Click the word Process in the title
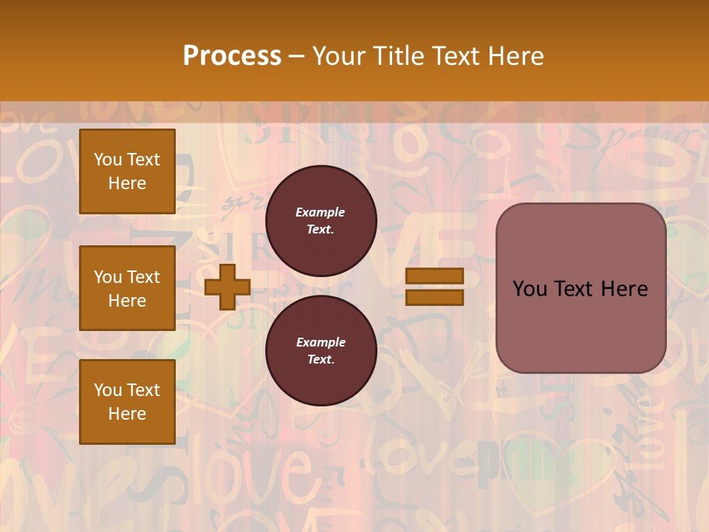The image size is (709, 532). (232, 56)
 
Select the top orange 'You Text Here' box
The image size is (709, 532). (127, 171)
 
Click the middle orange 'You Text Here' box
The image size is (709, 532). (127, 288)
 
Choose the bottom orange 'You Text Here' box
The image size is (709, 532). (127, 402)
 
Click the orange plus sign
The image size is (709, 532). (227, 287)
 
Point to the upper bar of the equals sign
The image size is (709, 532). (434, 276)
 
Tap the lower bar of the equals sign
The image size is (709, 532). (434, 297)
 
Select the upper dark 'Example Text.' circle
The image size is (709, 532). (321, 221)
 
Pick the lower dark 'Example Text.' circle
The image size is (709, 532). (321, 351)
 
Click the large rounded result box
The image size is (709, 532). (580, 288)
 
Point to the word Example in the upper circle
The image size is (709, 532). (321, 212)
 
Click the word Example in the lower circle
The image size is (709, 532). (321, 342)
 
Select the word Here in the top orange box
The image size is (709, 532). (127, 183)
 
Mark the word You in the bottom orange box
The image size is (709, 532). (108, 390)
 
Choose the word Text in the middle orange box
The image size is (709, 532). (143, 277)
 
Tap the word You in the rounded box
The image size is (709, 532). (530, 289)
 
